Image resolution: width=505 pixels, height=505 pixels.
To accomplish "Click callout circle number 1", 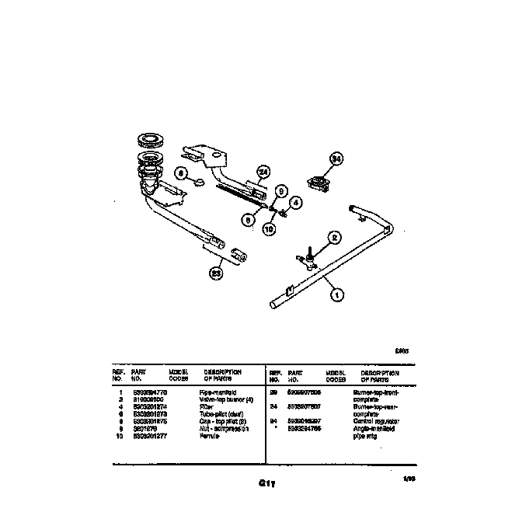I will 336,294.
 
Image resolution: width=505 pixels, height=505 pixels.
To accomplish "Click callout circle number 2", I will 334,238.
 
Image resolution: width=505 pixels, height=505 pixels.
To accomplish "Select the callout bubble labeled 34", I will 336,158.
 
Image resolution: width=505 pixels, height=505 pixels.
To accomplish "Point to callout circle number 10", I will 269,229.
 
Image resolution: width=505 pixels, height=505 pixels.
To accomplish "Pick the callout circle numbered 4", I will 295,202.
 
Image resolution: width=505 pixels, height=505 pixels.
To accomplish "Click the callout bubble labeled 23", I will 217,272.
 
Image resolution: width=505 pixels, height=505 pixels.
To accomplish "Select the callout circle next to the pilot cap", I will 179,174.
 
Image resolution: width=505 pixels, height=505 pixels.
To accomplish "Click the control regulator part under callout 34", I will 319,185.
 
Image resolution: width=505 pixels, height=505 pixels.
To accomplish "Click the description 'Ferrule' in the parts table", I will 209,436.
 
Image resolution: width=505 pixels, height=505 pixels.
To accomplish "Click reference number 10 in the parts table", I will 120,436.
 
